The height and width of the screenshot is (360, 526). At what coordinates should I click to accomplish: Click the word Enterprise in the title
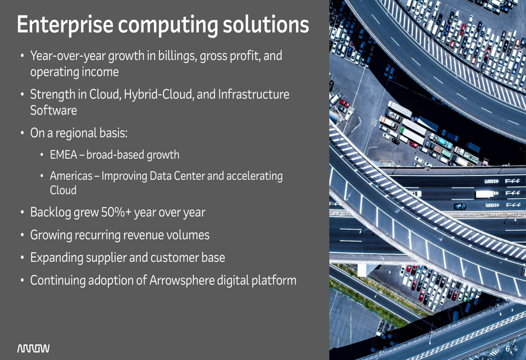coord(65,25)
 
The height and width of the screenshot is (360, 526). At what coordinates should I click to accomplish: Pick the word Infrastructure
coord(254,94)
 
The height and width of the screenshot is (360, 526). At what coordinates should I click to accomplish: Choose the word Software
coord(53,110)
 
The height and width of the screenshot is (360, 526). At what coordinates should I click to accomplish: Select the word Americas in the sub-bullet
coord(71,176)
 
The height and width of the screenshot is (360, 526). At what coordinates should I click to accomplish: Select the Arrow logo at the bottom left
coord(33,348)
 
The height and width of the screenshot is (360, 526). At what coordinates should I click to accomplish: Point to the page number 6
coord(508,349)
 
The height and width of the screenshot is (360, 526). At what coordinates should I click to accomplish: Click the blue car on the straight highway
coord(460,207)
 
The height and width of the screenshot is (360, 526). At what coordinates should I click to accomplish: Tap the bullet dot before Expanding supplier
coord(22,258)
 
